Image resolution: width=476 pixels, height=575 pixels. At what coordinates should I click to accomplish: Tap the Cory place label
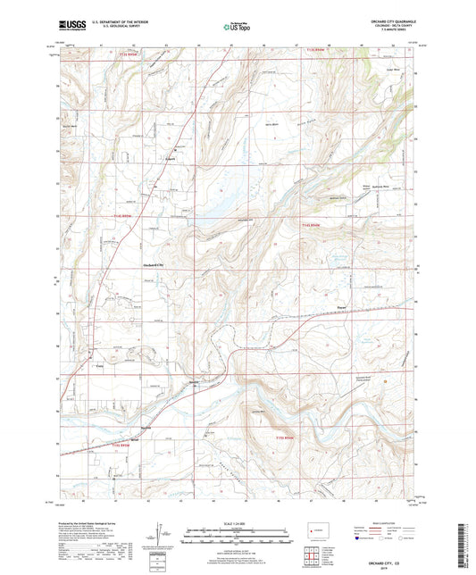point(100,367)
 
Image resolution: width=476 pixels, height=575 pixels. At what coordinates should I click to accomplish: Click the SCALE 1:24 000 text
point(238,523)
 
